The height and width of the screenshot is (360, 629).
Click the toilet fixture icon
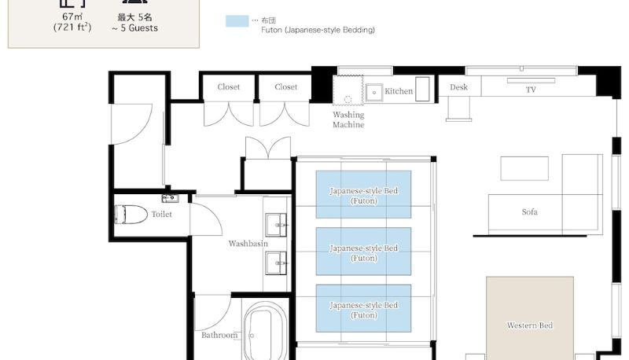coord(131,215)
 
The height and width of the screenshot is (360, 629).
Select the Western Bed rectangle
coord(529,318)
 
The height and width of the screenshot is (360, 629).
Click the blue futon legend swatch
coord(237,21)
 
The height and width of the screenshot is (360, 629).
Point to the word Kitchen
coord(399,91)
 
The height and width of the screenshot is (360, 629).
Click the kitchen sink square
coord(374,92)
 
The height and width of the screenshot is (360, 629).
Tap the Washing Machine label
coord(348,119)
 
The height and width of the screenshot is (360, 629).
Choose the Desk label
coord(458,87)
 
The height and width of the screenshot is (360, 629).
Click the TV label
coord(531,90)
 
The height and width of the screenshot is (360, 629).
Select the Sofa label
coord(529,211)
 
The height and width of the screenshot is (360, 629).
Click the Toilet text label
coord(162,214)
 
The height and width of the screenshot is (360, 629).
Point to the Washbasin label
coord(248,244)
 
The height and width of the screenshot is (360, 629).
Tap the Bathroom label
coord(219,335)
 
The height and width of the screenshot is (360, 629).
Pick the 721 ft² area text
coord(72,28)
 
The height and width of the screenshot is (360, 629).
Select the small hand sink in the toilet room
coord(170,198)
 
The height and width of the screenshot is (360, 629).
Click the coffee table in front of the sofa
coord(524,168)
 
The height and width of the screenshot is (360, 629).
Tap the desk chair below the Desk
coord(459,108)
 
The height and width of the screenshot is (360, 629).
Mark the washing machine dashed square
coord(348,90)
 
